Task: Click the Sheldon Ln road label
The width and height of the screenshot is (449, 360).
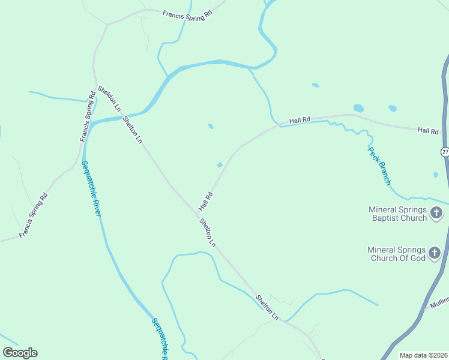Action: point(109,98)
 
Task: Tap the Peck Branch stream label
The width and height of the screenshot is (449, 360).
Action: point(380,165)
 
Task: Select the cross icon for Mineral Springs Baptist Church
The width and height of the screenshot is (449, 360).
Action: point(436,213)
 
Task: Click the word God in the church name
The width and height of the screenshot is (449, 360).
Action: point(418,258)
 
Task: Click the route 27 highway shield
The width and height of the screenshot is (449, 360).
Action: point(445,152)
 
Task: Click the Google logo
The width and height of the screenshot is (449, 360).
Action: point(20,353)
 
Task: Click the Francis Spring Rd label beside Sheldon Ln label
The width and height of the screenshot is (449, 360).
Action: point(88,117)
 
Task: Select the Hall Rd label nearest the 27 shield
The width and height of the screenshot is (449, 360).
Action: point(428,130)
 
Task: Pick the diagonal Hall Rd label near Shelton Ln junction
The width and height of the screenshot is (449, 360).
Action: point(206,201)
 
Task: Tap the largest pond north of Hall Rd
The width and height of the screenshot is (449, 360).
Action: point(358,109)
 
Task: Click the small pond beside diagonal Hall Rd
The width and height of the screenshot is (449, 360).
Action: point(220,165)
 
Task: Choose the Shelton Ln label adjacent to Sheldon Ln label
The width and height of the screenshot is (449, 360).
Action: point(133,129)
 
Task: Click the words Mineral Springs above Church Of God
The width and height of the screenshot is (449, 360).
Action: point(397,250)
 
